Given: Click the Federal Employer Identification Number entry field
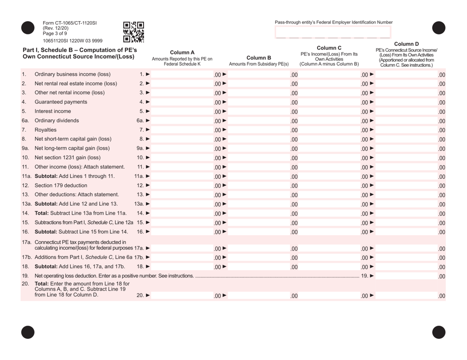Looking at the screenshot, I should point(333,32).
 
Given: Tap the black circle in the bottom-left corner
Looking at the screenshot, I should point(28,332).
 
